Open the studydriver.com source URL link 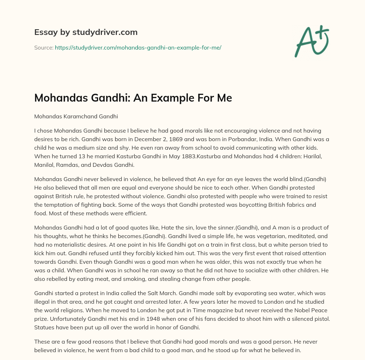point(138,47)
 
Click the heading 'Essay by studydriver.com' point(86,32)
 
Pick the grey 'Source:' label point(43,47)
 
